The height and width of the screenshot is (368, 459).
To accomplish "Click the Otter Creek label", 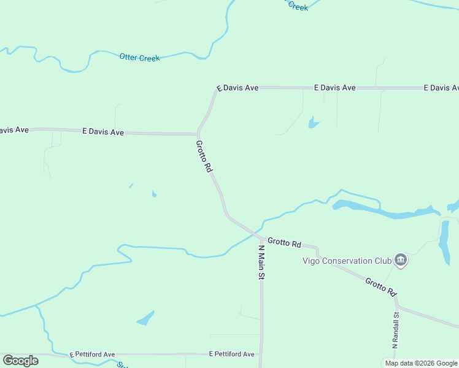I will click(139, 58).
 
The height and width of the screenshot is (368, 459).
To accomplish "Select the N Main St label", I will click(261, 263).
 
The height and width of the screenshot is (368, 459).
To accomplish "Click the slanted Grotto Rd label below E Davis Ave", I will click(204, 156).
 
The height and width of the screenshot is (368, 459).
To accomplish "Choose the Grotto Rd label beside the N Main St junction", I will click(284, 243).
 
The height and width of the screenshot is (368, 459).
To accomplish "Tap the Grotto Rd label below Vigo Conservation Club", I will click(381, 288).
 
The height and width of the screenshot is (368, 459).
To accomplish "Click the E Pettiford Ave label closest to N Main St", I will click(231, 355).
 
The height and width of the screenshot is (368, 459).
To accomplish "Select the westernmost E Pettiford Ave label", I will click(92, 355).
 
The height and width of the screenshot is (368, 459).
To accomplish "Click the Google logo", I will click(20, 361).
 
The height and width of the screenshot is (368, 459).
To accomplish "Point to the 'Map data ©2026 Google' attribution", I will click(421, 363).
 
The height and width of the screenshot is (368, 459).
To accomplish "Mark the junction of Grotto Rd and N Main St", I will click(261, 238).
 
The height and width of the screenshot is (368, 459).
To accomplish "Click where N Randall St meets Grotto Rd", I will click(397, 306).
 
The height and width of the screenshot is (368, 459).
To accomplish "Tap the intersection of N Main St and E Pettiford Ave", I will click(261, 354).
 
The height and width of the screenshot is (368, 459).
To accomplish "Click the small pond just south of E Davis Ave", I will click(313, 123).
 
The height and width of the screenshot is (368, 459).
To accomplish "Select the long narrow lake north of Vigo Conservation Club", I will click(380, 210).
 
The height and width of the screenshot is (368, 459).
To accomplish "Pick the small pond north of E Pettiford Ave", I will click(146, 318).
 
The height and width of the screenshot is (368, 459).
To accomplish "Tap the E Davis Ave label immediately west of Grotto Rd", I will click(103, 132).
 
